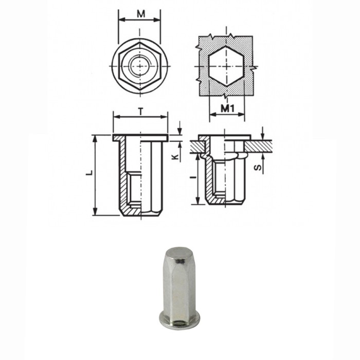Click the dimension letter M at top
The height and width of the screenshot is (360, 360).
coord(140,13)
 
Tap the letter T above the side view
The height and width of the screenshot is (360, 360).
coord(140,110)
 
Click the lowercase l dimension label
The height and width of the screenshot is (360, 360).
coord(192,178)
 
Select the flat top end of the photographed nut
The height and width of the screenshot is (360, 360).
coord(178,254)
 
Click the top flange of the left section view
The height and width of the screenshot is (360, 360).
coord(140,137)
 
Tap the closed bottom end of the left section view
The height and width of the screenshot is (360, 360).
coord(140,212)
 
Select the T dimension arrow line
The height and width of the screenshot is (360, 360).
coord(140,117)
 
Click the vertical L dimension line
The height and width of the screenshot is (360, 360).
coord(95,175)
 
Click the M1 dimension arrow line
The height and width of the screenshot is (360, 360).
coord(227,116)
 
